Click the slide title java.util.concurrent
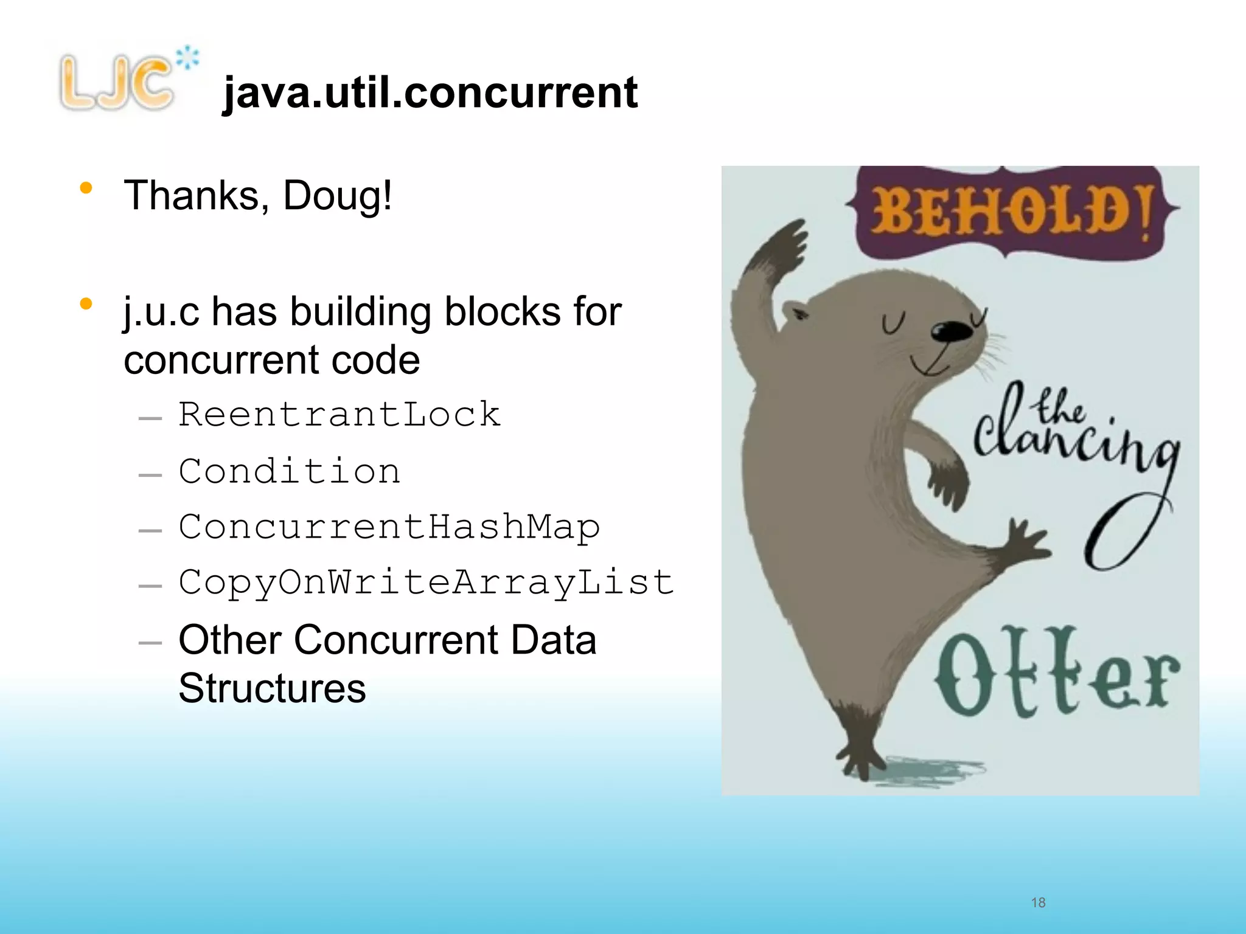click(x=430, y=92)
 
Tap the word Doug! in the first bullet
click(x=338, y=196)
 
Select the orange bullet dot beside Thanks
click(x=86, y=189)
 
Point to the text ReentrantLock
click(x=339, y=415)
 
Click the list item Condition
click(x=290, y=471)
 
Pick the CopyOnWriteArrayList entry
click(x=426, y=583)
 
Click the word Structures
click(x=272, y=688)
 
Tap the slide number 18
click(x=1038, y=902)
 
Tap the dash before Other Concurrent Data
click(x=150, y=643)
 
